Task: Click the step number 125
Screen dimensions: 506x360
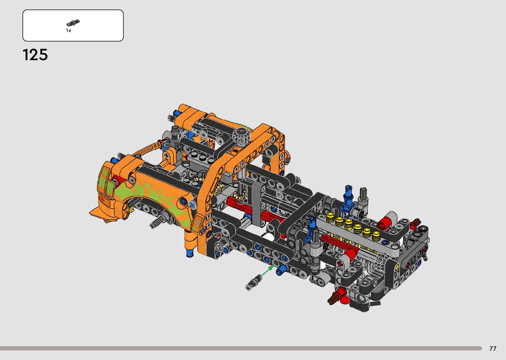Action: (35, 55)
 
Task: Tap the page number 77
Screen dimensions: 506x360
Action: (493, 348)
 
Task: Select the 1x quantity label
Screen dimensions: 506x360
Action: (68, 30)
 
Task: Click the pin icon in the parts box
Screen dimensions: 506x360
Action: (73, 22)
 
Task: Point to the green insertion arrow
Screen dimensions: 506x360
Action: (268, 270)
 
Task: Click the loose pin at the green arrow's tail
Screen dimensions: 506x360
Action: (254, 282)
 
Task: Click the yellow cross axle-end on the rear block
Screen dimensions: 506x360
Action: (397, 267)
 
